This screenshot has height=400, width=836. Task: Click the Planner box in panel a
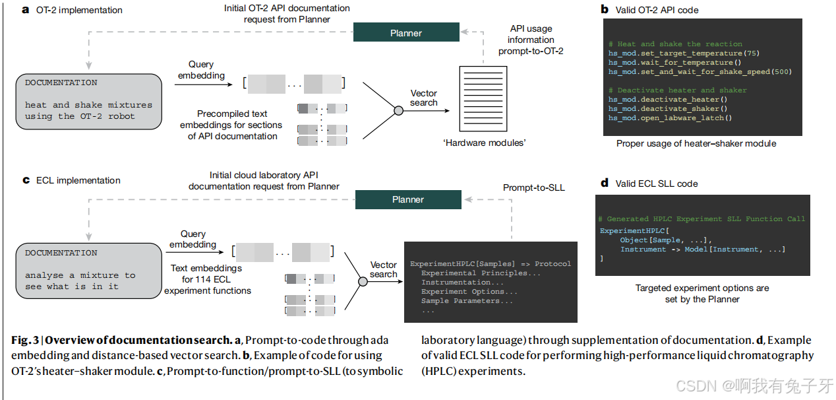406,32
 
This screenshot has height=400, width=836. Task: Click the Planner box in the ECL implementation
407,199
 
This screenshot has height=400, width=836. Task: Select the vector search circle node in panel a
398,110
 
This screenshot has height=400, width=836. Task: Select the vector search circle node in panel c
362,282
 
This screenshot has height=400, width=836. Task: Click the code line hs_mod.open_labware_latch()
670,117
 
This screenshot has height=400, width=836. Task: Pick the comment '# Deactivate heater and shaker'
677,90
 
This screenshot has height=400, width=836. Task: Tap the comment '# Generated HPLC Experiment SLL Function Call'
702,218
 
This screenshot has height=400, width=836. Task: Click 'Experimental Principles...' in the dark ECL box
481,273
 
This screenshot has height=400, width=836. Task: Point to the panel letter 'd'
604,183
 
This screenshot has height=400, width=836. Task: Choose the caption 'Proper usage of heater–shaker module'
696,143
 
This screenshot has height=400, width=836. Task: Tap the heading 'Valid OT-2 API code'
657,10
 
